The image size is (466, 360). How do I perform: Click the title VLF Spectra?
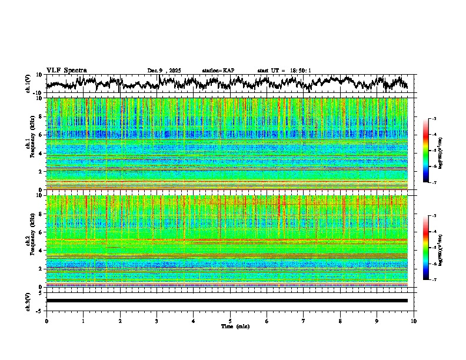pyautogui.click(x=66, y=71)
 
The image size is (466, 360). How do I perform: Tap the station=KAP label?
pyautogui.click(x=218, y=71)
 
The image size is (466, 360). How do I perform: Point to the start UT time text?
pyautogui.click(x=284, y=71)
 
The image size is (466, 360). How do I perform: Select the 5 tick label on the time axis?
pyautogui.click(x=230, y=321)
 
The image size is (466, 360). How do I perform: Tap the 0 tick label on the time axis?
pyautogui.click(x=46, y=321)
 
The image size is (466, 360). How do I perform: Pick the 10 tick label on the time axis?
pyautogui.click(x=414, y=321)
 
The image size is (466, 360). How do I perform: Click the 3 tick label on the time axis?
pyautogui.click(x=157, y=321)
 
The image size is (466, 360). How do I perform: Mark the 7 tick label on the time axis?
pyautogui.click(x=304, y=321)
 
